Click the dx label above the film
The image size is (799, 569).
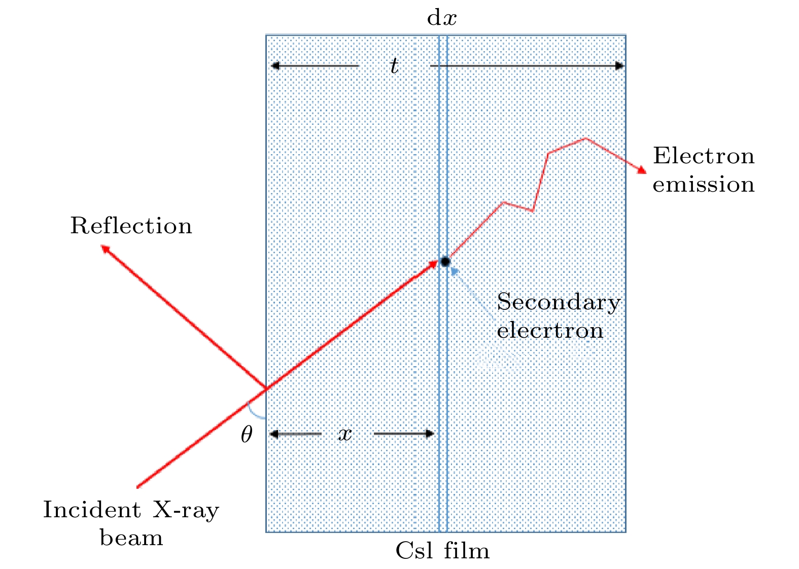pyautogui.click(x=441, y=17)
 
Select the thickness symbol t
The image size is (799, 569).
pyautogui.click(x=394, y=65)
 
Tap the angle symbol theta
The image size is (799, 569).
pyautogui.click(x=247, y=434)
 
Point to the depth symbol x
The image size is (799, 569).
pyautogui.click(x=345, y=434)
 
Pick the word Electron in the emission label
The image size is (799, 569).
pyautogui.click(x=704, y=156)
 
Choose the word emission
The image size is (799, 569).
pyautogui.click(x=704, y=184)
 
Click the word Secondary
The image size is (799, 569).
pyautogui.click(x=559, y=302)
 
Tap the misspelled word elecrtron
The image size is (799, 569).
pyautogui.click(x=550, y=331)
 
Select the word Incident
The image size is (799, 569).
pyautogui.click(x=92, y=510)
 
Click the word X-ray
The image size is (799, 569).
pyautogui.click(x=186, y=510)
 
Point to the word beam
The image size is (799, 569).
pyautogui.click(x=131, y=537)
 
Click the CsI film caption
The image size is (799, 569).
pyautogui.click(x=442, y=551)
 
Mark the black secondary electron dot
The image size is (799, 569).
pyautogui.click(x=445, y=262)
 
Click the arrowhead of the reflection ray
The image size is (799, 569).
pyautogui.click(x=105, y=248)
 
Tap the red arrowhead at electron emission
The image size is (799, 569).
pyautogui.click(x=642, y=170)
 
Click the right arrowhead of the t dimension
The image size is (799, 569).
pyautogui.click(x=619, y=65)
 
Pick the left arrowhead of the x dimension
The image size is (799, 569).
pyautogui.click(x=274, y=434)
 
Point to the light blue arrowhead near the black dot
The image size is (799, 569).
pyautogui.click(x=455, y=272)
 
